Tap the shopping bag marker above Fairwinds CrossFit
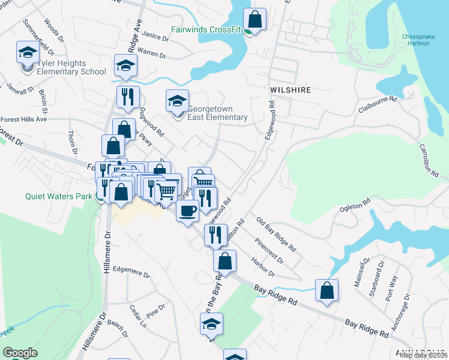pos(255,19)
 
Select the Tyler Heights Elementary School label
pos(71,67)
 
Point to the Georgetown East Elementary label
pos(217,113)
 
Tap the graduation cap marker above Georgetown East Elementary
pos(177,100)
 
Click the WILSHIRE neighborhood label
pos(291,90)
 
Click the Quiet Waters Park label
pos(59,196)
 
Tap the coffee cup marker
pos(187,211)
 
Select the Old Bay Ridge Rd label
pos(276,235)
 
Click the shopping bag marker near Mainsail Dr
pos(326,290)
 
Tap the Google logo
pos(20,353)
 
